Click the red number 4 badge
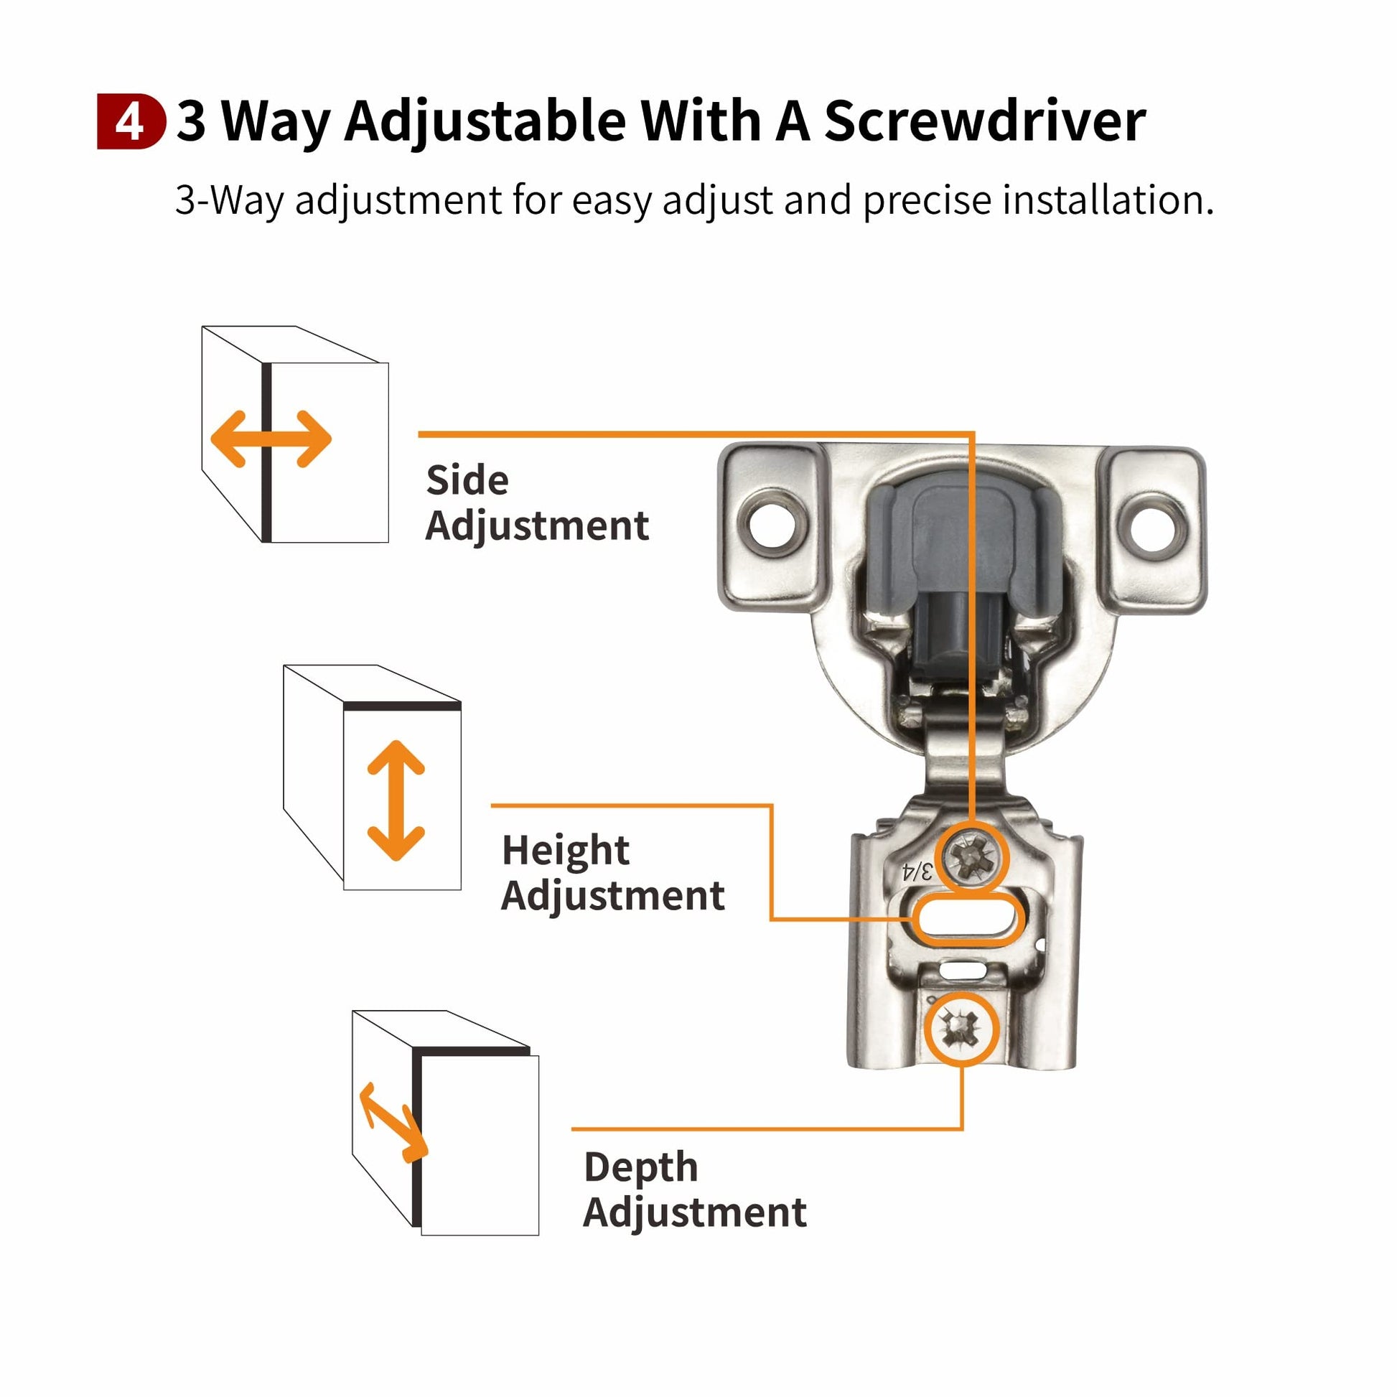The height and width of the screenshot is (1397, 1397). pos(131,122)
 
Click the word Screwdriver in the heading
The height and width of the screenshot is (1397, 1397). pos(985,121)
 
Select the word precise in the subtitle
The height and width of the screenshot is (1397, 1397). pos(927,200)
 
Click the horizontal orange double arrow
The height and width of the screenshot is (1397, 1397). pos(271,439)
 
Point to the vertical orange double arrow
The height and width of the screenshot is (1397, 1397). pos(396,800)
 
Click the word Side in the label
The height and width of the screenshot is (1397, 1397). pos(467,480)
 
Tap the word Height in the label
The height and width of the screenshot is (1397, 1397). pos(566,851)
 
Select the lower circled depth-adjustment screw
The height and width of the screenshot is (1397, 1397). pos(962,1027)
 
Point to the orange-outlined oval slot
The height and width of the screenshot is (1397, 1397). pos(966,920)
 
